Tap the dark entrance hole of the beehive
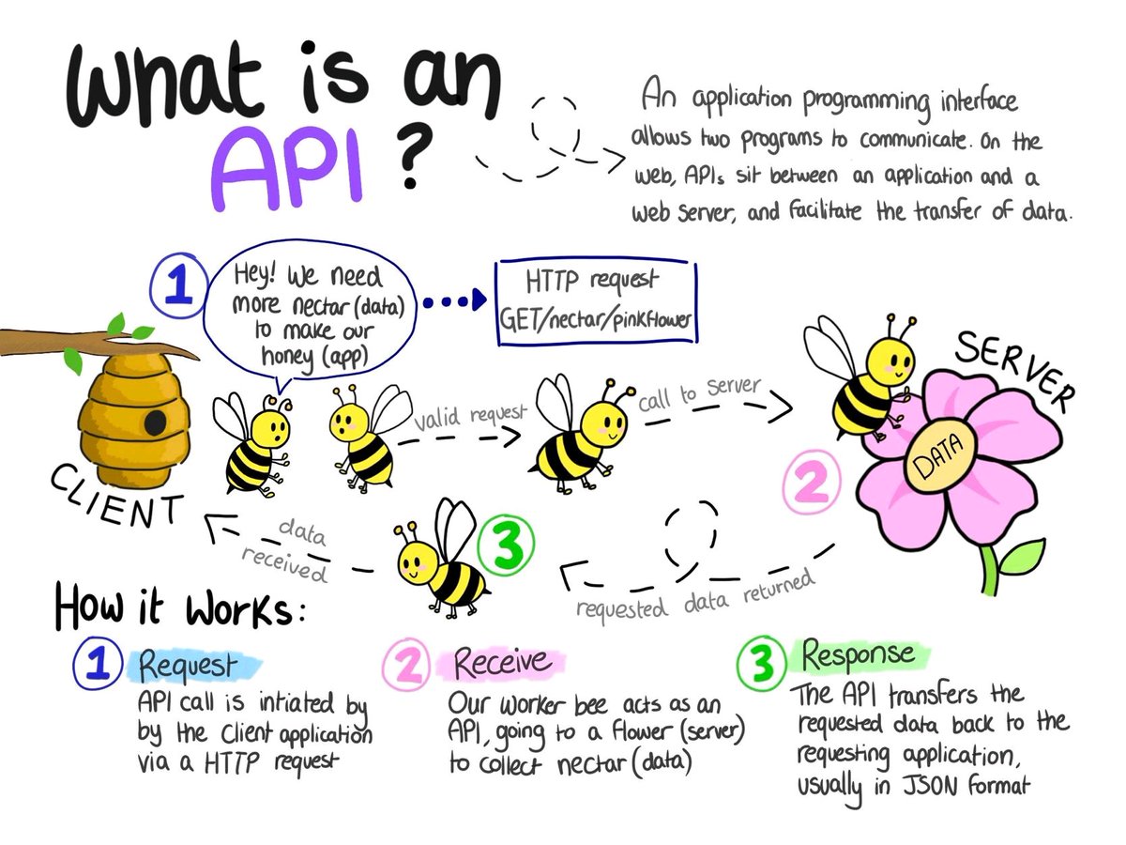pos(155,422)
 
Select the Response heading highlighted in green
pos(856,654)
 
